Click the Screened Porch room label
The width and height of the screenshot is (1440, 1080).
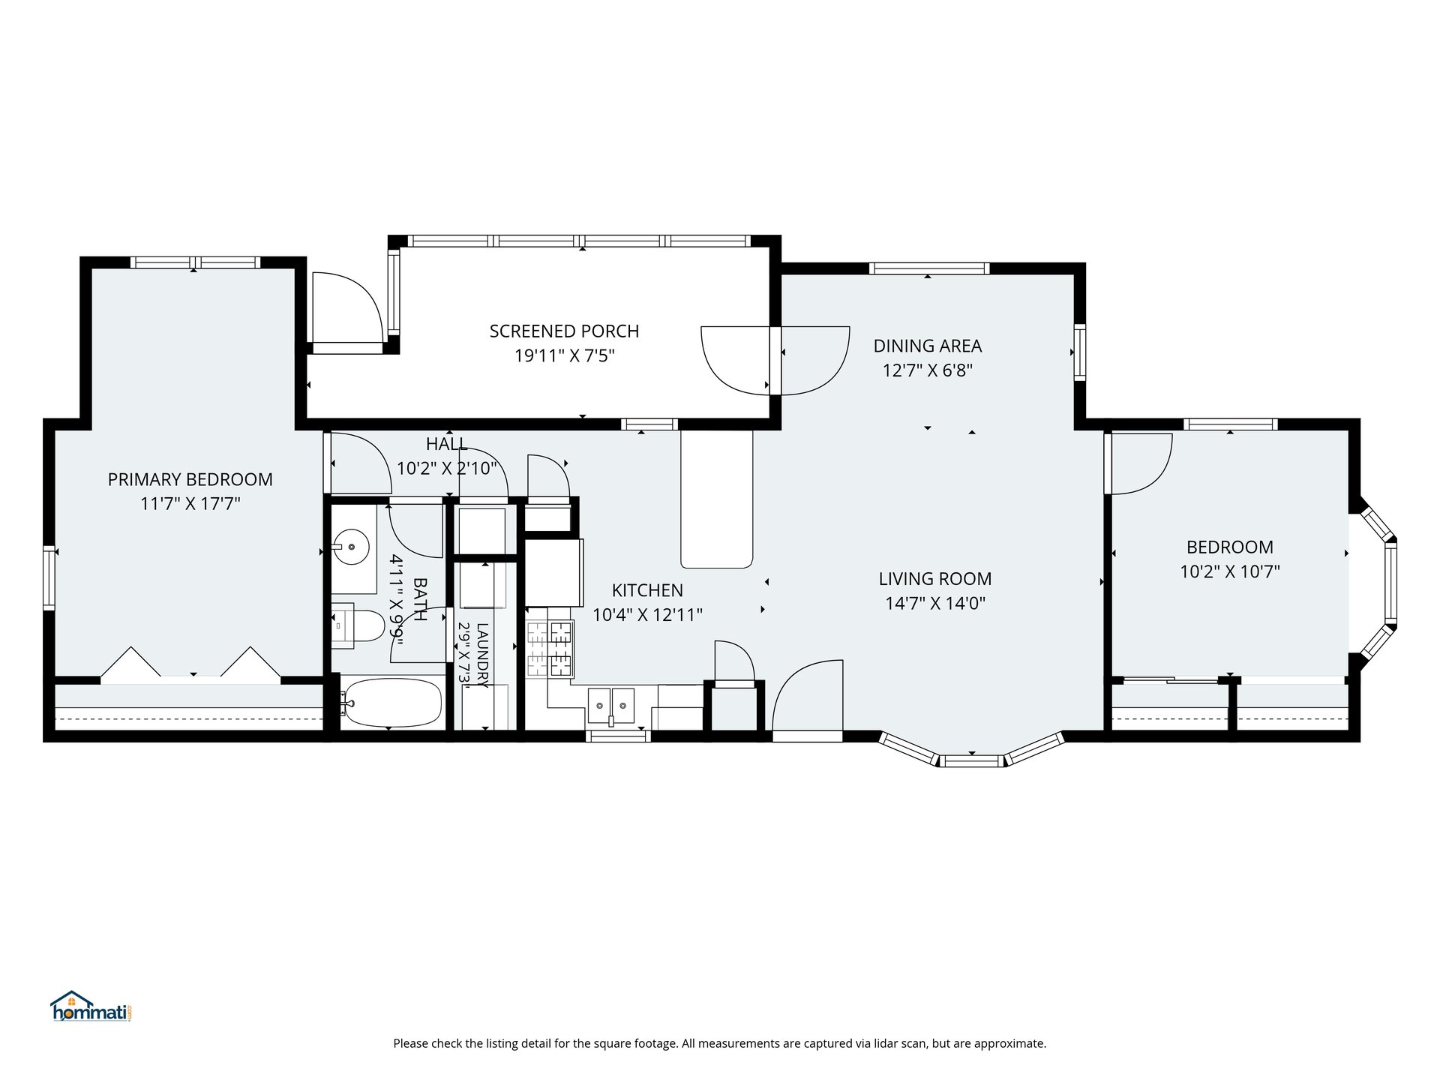[x=564, y=331]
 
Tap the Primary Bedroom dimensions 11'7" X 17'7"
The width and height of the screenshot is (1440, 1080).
[x=190, y=503]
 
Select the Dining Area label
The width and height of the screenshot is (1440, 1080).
[x=928, y=346]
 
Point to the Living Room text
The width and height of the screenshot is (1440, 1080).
[x=935, y=578]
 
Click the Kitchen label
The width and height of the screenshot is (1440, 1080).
[x=647, y=590]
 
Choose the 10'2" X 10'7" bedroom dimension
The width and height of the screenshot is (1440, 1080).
[x=1230, y=571]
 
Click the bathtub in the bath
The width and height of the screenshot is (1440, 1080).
[x=392, y=703]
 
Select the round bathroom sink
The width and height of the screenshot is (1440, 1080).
[x=351, y=546]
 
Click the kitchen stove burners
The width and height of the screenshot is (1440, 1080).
[x=550, y=649]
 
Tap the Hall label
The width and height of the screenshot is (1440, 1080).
[x=447, y=443]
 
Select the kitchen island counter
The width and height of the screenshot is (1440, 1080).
[x=716, y=499]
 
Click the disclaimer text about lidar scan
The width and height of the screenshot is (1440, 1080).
[x=720, y=1043]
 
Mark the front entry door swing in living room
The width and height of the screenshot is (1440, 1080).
[x=808, y=695]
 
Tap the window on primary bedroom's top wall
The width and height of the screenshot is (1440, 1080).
[x=195, y=262]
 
